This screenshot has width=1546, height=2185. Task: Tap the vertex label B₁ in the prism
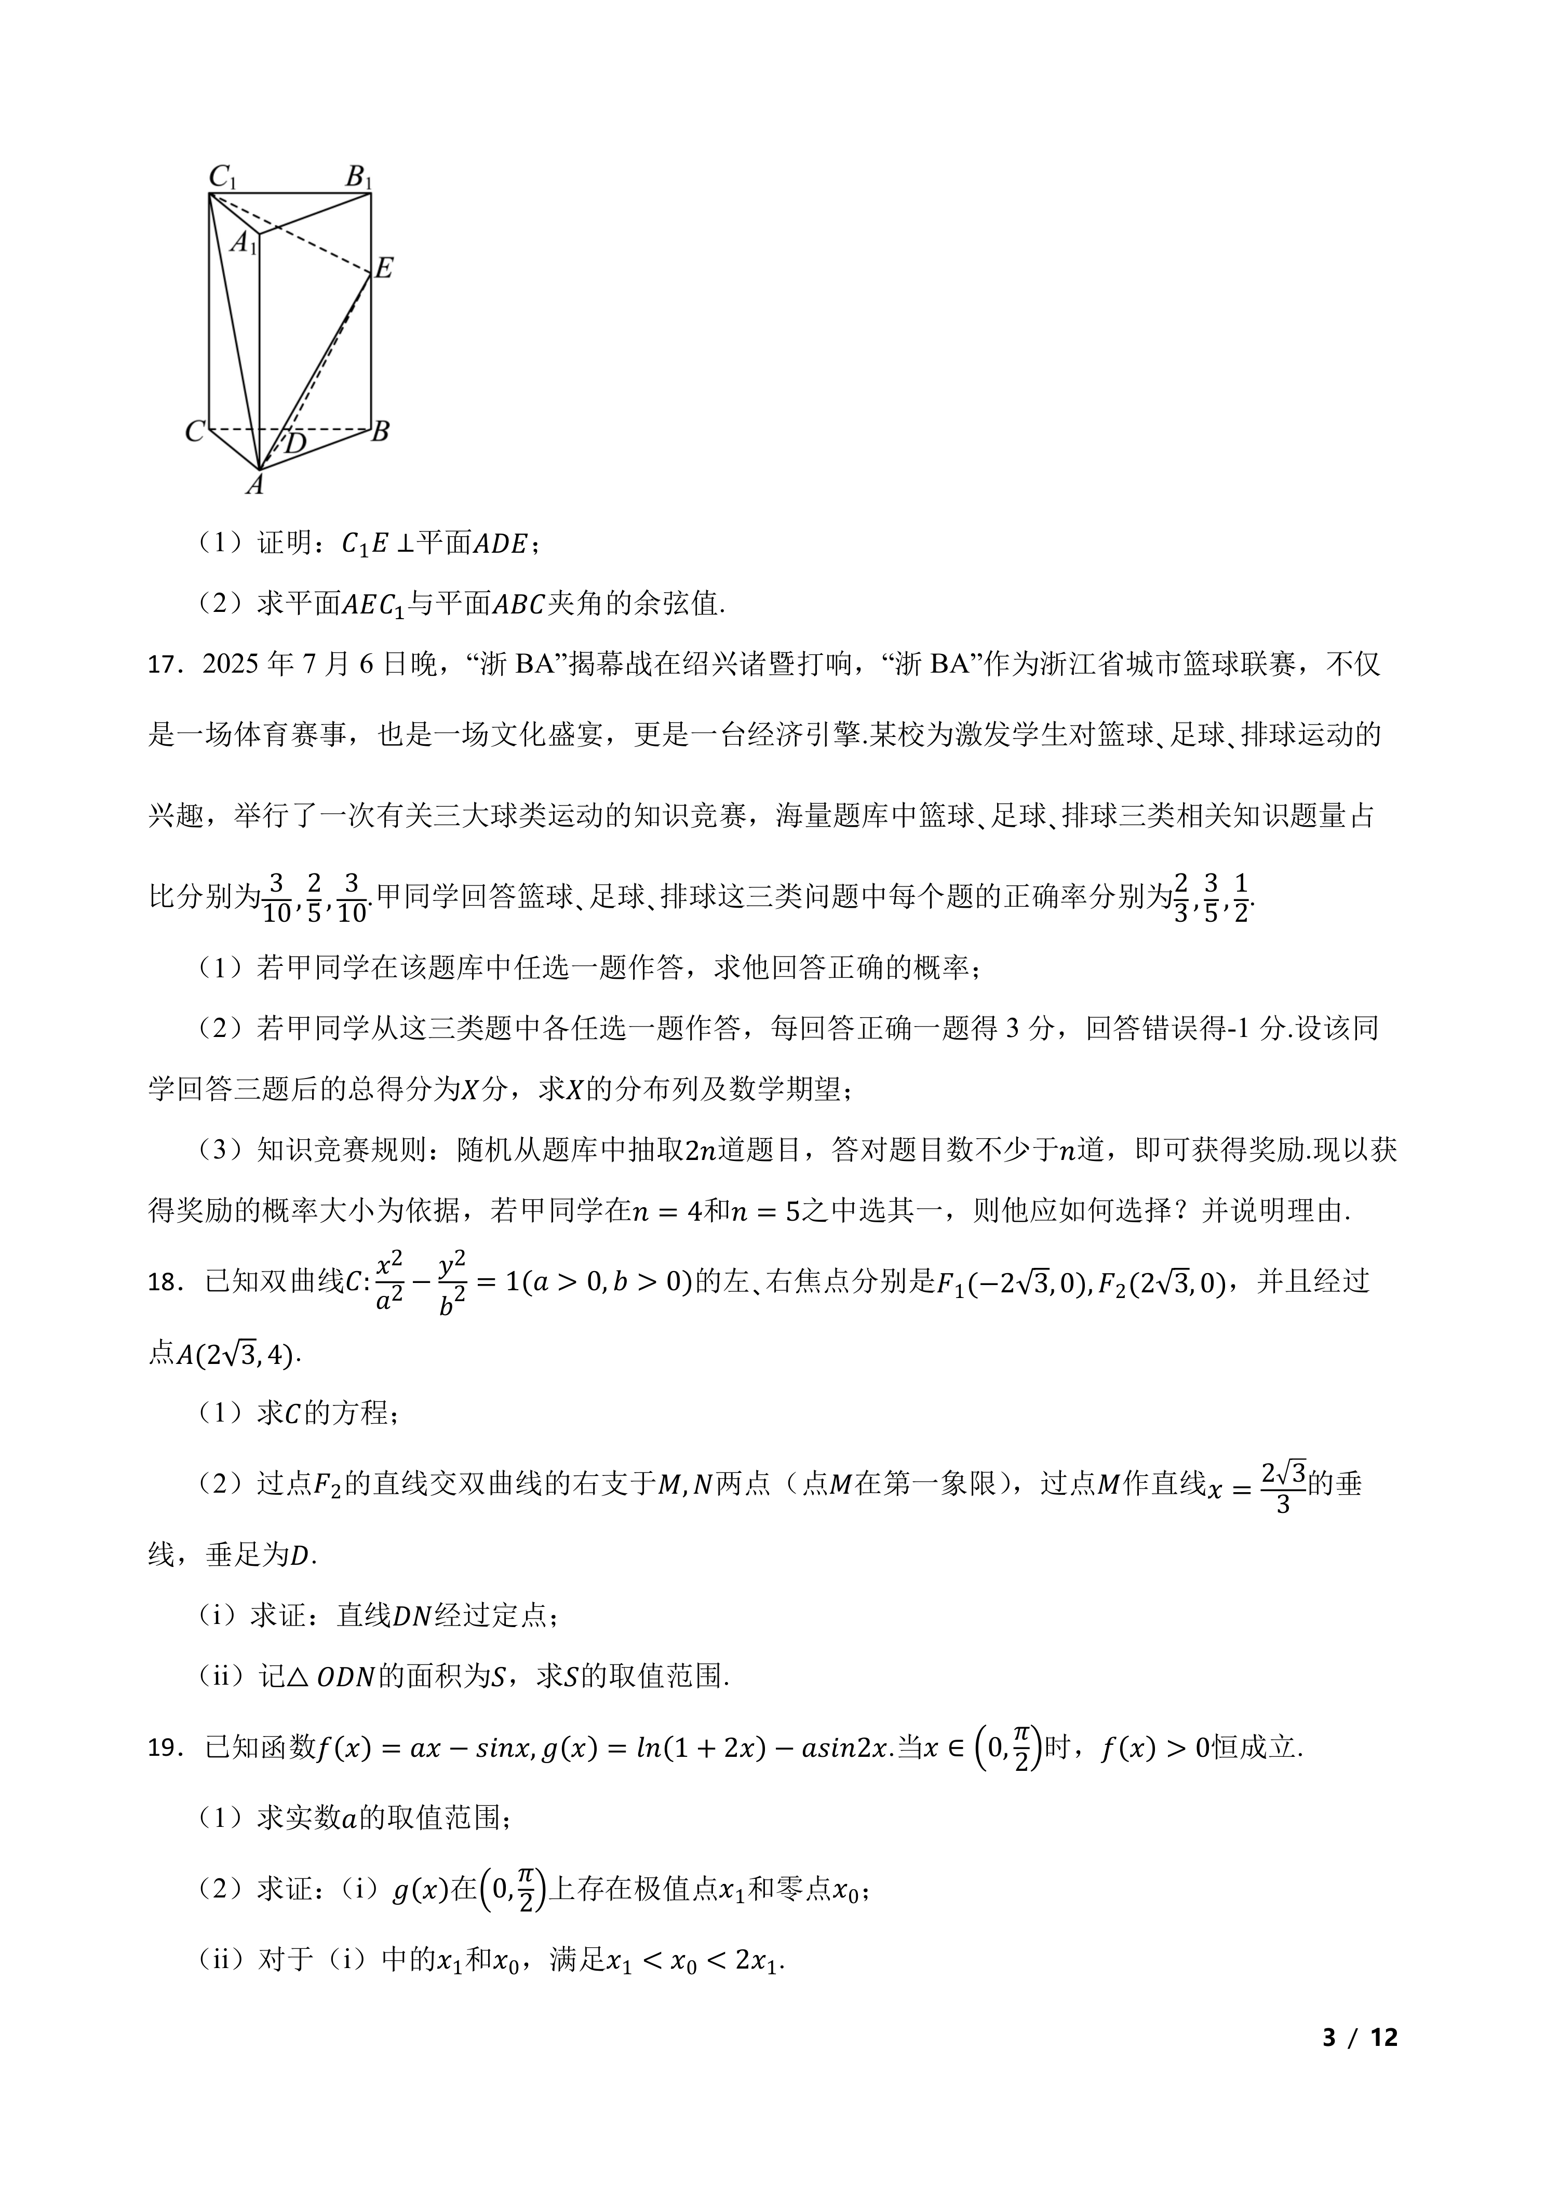[x=359, y=177]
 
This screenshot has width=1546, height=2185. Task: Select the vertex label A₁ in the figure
[x=244, y=243]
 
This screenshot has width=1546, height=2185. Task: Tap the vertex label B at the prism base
[x=380, y=432]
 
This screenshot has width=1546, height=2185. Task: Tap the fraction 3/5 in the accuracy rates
[x=1211, y=896]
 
